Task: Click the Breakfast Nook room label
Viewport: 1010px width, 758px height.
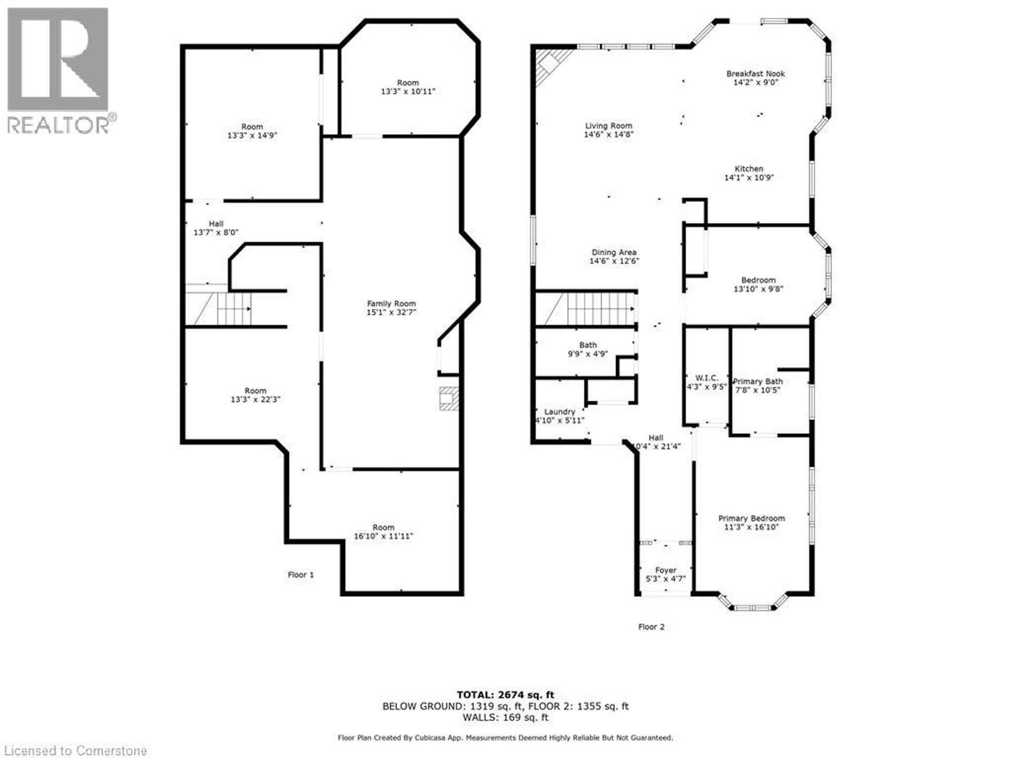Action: [755, 74]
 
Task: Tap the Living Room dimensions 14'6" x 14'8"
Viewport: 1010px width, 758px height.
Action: [609, 135]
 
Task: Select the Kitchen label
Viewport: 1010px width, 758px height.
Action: [749, 169]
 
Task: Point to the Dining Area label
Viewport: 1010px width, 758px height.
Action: [614, 253]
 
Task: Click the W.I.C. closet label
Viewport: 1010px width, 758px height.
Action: [706, 378]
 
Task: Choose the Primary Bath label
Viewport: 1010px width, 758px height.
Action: [757, 382]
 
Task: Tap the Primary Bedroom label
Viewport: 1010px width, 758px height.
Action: [751, 518]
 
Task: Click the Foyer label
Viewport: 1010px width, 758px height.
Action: [665, 570]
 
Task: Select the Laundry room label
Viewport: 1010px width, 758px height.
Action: [560, 412]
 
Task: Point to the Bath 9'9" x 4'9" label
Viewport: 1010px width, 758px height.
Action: [588, 350]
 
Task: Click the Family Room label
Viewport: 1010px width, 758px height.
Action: [391, 304]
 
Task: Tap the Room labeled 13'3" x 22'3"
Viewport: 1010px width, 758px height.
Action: [255, 395]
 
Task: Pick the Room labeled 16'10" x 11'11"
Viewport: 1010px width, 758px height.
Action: [383, 532]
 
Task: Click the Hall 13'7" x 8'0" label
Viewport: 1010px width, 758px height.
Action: [216, 228]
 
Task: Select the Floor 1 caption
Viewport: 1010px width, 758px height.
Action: [300, 575]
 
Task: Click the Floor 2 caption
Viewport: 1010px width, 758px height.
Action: [651, 627]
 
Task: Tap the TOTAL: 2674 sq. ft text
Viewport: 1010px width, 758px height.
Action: [505, 695]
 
